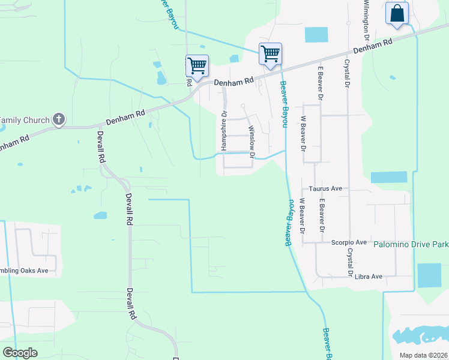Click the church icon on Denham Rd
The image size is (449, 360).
[x=59, y=119]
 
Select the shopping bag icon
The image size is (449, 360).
[x=397, y=14]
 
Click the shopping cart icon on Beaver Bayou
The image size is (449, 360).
[x=270, y=54]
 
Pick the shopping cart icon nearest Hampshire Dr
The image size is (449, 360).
[x=197, y=65]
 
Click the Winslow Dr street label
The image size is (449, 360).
[x=252, y=142]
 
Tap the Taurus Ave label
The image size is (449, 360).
[x=325, y=188]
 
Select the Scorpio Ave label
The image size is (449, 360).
[x=349, y=242]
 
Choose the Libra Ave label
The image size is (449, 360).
[x=369, y=277]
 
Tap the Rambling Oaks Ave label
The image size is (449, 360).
[x=24, y=271]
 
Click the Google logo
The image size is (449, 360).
[x=20, y=353]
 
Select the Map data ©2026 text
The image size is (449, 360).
[x=423, y=355]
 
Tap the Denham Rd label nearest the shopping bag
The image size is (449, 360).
[x=372, y=46]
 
